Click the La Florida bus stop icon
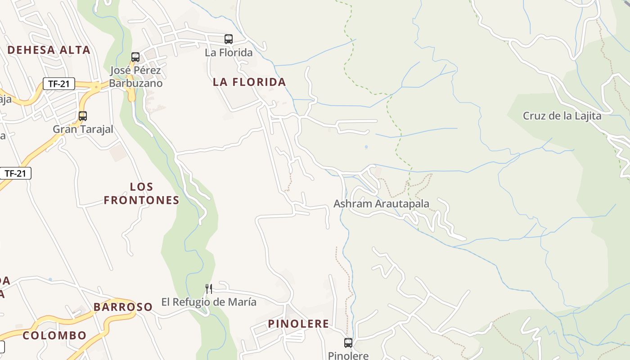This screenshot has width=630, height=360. click(x=229, y=39)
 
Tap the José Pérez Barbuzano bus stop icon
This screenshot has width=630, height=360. click(x=135, y=57)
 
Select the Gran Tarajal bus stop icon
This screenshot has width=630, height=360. click(x=83, y=116)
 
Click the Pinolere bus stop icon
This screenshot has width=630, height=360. click(x=348, y=343)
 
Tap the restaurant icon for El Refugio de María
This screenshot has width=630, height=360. click(x=209, y=288)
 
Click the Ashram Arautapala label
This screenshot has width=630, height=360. click(x=381, y=204)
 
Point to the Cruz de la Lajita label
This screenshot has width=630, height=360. click(x=562, y=116)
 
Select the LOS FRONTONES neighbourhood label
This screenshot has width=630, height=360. click(x=142, y=193)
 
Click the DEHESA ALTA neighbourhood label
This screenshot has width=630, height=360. click(x=49, y=50)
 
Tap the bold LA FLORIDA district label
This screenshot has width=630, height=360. click(x=249, y=82)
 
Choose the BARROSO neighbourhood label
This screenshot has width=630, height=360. click(x=123, y=307)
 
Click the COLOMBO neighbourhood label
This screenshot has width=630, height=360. click(x=54, y=335)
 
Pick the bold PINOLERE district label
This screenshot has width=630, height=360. click(x=298, y=324)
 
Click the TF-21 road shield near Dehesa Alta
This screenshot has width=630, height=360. click(x=59, y=83)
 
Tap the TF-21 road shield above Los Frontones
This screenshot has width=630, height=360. click(x=16, y=173)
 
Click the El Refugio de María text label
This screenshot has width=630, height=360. click(x=209, y=302)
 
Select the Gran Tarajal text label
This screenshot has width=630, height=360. click(x=83, y=129)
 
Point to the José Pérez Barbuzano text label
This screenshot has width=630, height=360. click(x=135, y=77)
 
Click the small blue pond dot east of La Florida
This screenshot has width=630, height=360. click(x=366, y=147)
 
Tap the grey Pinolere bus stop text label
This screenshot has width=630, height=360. click(x=348, y=355)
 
